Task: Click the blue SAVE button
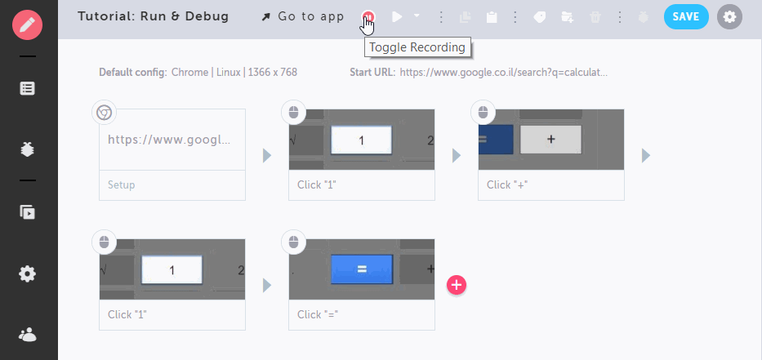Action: pyautogui.click(x=686, y=17)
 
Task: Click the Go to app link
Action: pyautogui.click(x=303, y=17)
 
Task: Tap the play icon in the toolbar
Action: pyautogui.click(x=397, y=17)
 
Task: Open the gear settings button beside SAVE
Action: pyautogui.click(x=729, y=17)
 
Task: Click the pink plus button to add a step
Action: pyautogui.click(x=457, y=285)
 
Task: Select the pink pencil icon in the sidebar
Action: pyautogui.click(x=28, y=24)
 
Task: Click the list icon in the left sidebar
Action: pyautogui.click(x=27, y=88)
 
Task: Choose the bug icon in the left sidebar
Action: pyautogui.click(x=27, y=149)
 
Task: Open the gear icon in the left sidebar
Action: pyautogui.click(x=27, y=274)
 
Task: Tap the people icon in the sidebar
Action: pyautogui.click(x=28, y=335)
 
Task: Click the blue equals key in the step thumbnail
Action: pyautogui.click(x=362, y=269)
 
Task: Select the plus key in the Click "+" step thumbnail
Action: pyautogui.click(x=550, y=140)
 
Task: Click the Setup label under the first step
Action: pyautogui.click(x=122, y=185)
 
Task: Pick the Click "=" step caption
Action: pyautogui.click(x=318, y=315)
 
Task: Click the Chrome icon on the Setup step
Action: pyautogui.click(x=104, y=113)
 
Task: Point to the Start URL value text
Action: pyautogui.click(x=503, y=73)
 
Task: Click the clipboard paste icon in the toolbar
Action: pyautogui.click(x=492, y=17)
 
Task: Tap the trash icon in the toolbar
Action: pyautogui.click(x=595, y=17)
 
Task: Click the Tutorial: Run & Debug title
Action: pyautogui.click(x=153, y=16)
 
